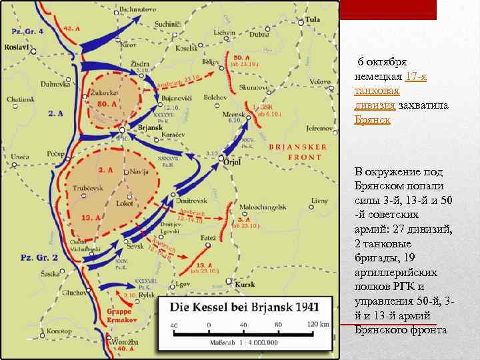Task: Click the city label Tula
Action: [x=313, y=20]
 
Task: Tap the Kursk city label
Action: [x=245, y=285]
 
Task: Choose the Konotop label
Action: [x=59, y=331]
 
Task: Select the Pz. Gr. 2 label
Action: [x=39, y=257]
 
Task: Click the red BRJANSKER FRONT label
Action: [x=298, y=152]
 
